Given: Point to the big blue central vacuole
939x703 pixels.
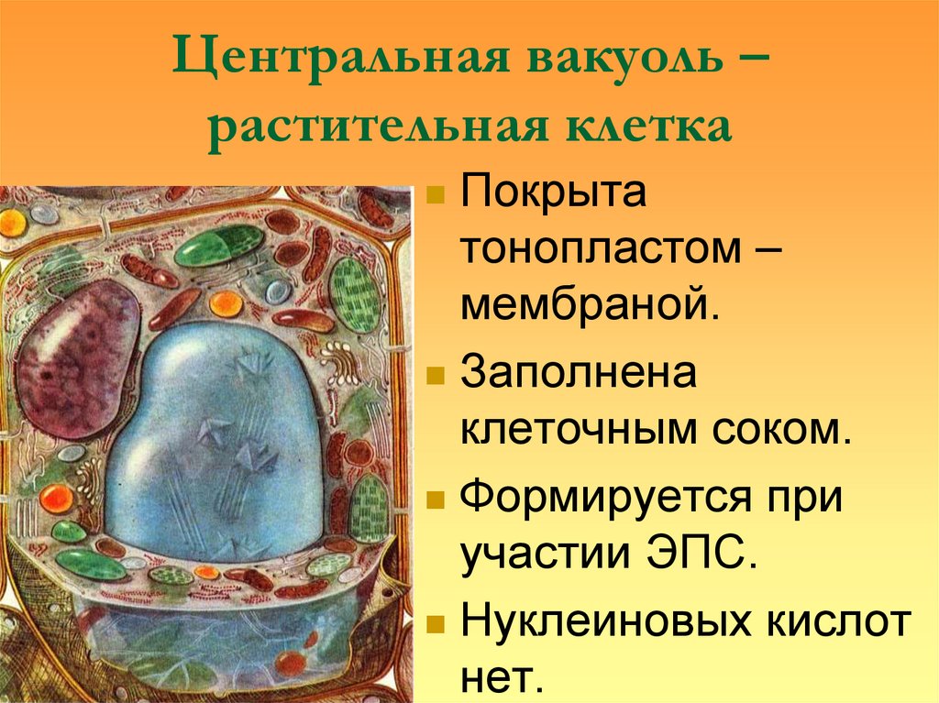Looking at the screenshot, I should pyautogui.click(x=220, y=431).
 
